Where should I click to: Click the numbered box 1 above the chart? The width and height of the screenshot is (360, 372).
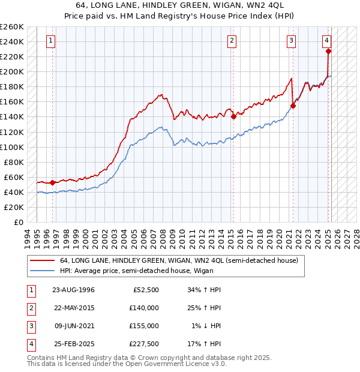pos(50,41)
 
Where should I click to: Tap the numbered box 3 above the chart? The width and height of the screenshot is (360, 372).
pos(291,41)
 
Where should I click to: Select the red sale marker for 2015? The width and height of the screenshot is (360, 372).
pos(233,117)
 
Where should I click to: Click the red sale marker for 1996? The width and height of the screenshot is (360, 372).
pos(52,182)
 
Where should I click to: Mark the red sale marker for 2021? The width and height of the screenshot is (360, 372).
pos(293,106)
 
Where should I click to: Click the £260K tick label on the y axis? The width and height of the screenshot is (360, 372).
pos(12,27)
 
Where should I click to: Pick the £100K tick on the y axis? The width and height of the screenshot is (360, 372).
pos(12,147)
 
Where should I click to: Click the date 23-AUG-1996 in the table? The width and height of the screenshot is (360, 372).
pos(74,290)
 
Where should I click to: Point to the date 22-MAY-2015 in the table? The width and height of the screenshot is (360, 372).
pos(74,308)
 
